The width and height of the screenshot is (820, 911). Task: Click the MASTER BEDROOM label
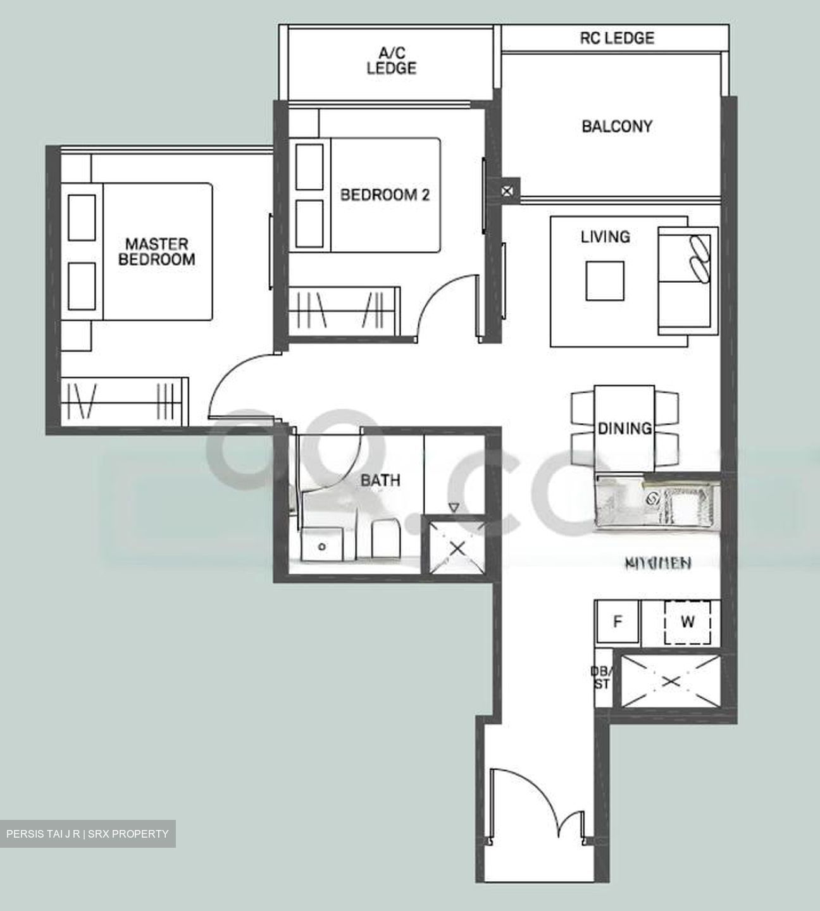[156, 251]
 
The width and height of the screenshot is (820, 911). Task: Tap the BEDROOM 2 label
[385, 195]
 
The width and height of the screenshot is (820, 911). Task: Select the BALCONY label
[616, 127]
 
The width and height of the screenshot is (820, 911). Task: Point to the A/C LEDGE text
[391, 61]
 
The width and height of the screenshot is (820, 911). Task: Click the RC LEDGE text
[617, 39]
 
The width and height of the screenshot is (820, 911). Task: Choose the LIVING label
[606, 237]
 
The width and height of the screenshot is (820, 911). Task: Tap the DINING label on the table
[624, 428]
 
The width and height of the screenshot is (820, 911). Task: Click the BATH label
[380, 481]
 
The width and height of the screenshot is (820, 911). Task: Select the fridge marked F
[618, 621]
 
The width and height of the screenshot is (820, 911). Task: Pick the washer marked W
[687, 622]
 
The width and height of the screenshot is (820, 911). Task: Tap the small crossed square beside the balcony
[507, 190]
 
